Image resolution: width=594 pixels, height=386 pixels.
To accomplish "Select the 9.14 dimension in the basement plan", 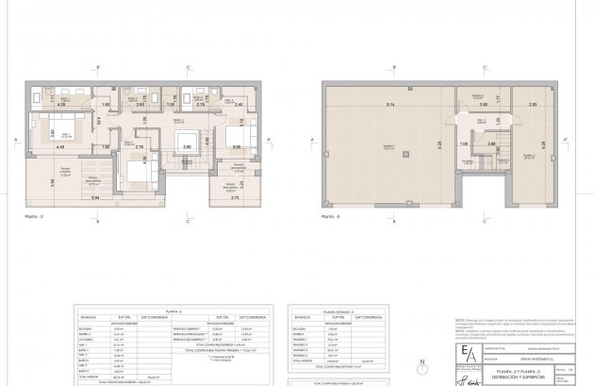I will pyautogui.click(x=375, y=102).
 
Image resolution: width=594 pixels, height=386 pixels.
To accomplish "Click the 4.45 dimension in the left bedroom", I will pyautogui.click(x=59, y=147).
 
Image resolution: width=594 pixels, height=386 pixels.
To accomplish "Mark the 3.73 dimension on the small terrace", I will pyautogui.click(x=235, y=200).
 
